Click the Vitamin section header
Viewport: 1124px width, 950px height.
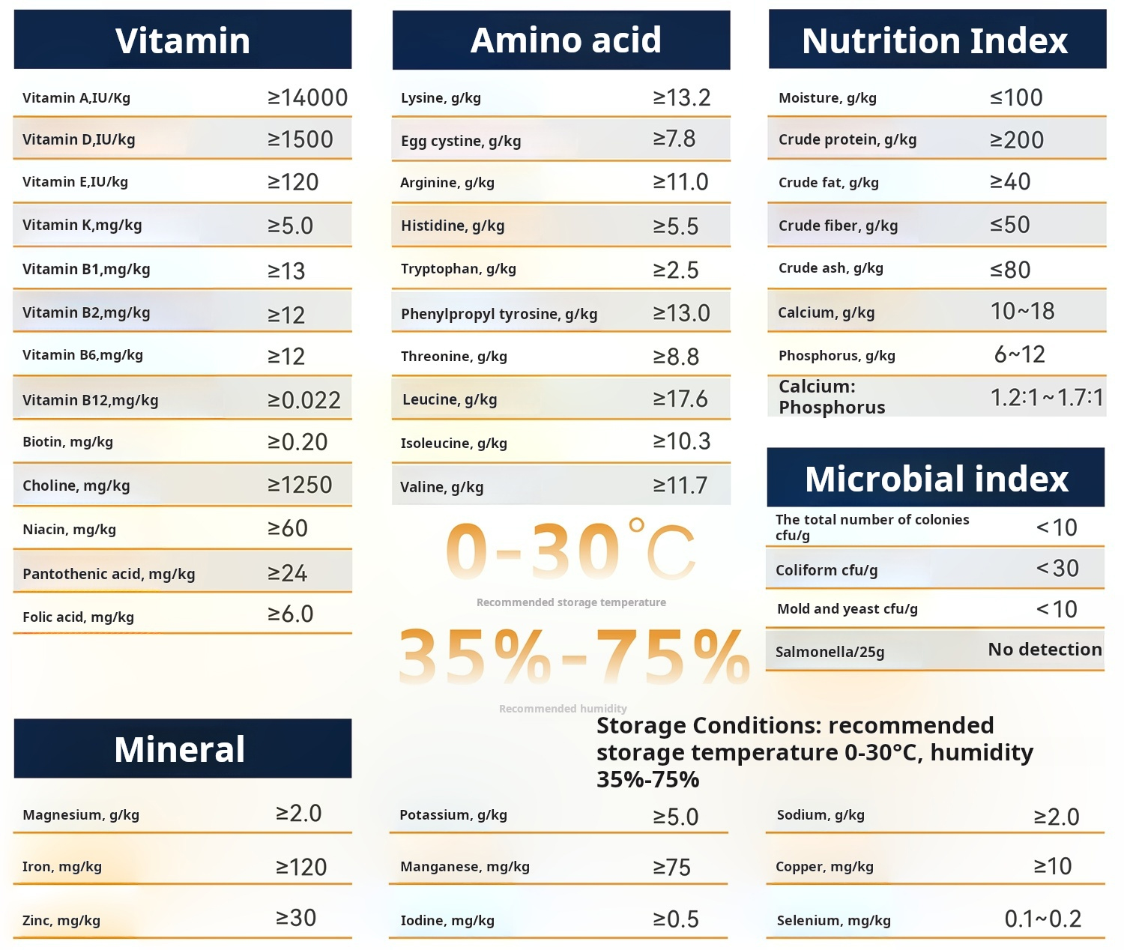(x=183, y=40)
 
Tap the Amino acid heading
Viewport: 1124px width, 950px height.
(x=566, y=40)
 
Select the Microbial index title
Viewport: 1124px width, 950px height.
(x=936, y=479)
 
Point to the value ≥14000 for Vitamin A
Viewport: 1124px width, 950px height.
(x=307, y=97)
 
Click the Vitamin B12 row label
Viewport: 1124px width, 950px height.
(x=90, y=400)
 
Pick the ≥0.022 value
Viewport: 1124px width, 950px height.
(x=304, y=400)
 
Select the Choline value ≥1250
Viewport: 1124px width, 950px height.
(x=300, y=485)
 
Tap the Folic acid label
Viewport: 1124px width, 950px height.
(x=78, y=617)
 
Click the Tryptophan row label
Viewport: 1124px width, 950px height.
(x=458, y=269)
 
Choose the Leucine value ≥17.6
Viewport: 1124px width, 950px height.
(x=680, y=399)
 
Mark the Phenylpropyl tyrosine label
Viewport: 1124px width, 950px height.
(x=498, y=314)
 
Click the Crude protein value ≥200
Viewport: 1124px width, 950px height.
(x=1016, y=140)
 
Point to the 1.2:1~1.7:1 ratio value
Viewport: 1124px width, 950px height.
(x=1046, y=397)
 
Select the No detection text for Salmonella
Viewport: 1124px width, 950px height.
(x=1045, y=649)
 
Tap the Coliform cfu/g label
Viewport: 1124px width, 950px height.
(x=826, y=570)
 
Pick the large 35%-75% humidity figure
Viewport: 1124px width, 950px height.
(x=573, y=657)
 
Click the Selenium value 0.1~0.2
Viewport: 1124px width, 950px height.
(x=1042, y=919)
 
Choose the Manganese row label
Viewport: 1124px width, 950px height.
(x=465, y=867)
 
